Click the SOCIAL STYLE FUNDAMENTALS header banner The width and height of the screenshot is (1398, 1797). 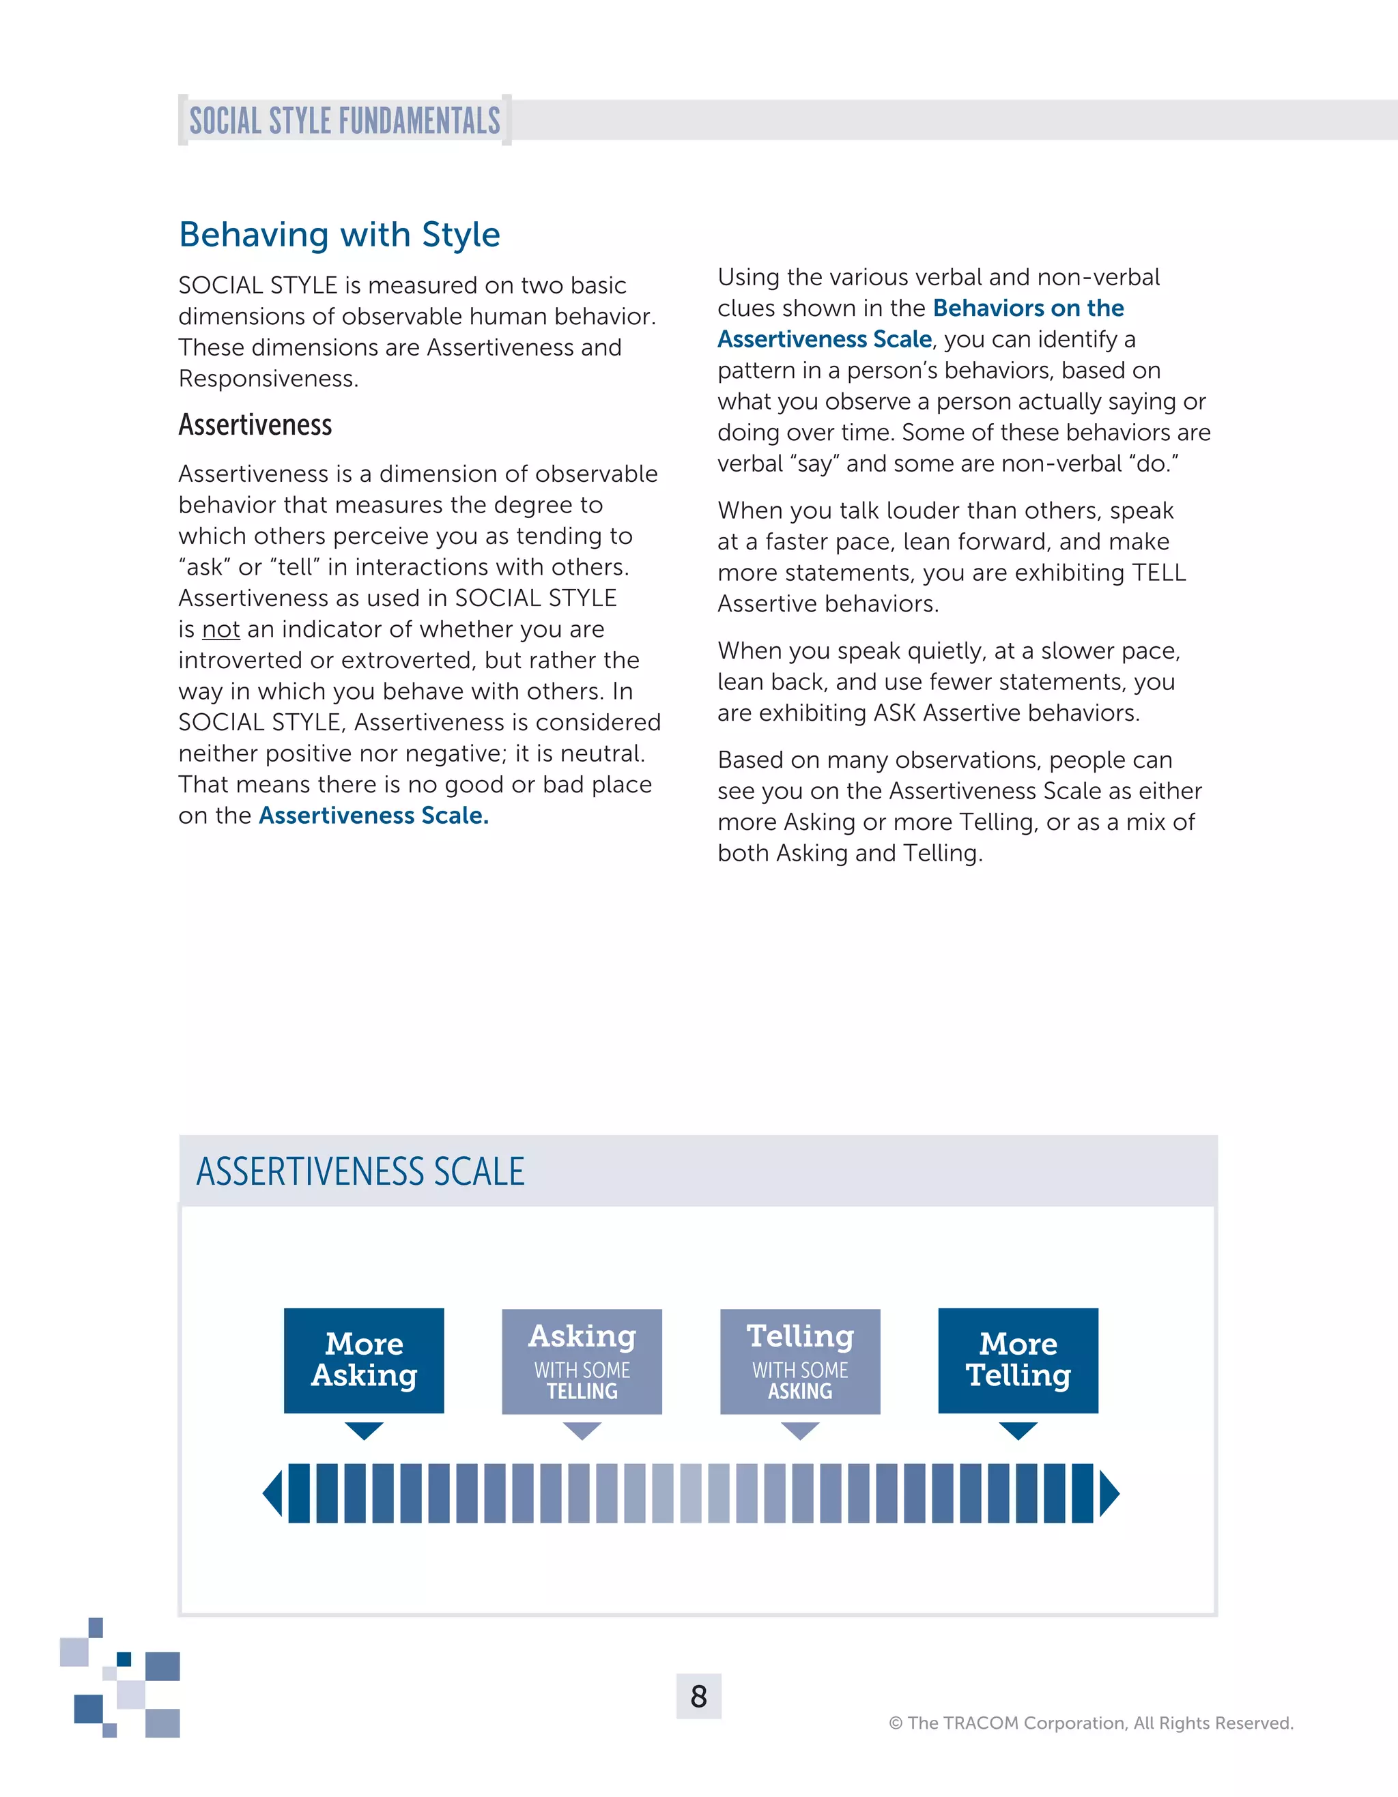(x=344, y=120)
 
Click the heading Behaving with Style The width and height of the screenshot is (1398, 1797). (x=339, y=235)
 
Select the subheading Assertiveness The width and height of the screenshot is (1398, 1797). (x=255, y=425)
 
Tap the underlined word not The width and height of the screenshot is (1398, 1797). (x=220, y=629)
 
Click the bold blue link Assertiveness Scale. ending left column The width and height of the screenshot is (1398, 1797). (x=373, y=816)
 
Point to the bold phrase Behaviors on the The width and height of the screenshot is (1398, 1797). (x=1028, y=308)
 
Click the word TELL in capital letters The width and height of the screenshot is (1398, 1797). (x=1158, y=573)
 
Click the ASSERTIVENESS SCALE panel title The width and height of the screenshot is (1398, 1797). (x=360, y=1171)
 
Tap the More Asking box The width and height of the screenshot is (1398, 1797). (x=364, y=1360)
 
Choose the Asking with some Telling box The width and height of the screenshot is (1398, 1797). (x=582, y=1361)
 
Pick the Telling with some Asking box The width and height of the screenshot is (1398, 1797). (x=800, y=1361)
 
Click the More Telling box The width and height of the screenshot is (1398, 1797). (x=1018, y=1360)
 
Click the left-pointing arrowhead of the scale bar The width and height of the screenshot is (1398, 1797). (x=272, y=1493)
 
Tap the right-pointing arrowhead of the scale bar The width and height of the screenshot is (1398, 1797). (x=1109, y=1493)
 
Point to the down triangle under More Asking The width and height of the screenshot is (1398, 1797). (x=364, y=1429)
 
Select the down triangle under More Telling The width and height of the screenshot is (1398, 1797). (x=1018, y=1429)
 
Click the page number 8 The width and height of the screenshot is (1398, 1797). (x=698, y=1696)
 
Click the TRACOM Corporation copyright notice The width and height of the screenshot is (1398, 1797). (x=1090, y=1722)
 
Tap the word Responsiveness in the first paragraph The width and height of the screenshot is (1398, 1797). (x=268, y=379)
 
